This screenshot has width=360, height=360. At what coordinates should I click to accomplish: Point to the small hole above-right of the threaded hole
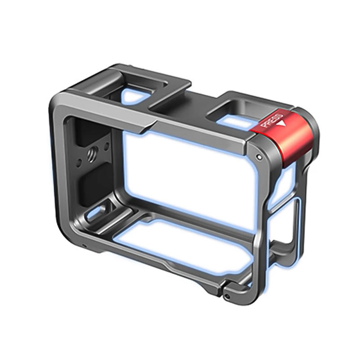click(x=107, y=145)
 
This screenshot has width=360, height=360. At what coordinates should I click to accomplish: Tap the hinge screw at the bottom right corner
click(x=229, y=297)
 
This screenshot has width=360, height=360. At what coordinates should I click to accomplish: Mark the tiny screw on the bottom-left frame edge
click(x=84, y=246)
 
